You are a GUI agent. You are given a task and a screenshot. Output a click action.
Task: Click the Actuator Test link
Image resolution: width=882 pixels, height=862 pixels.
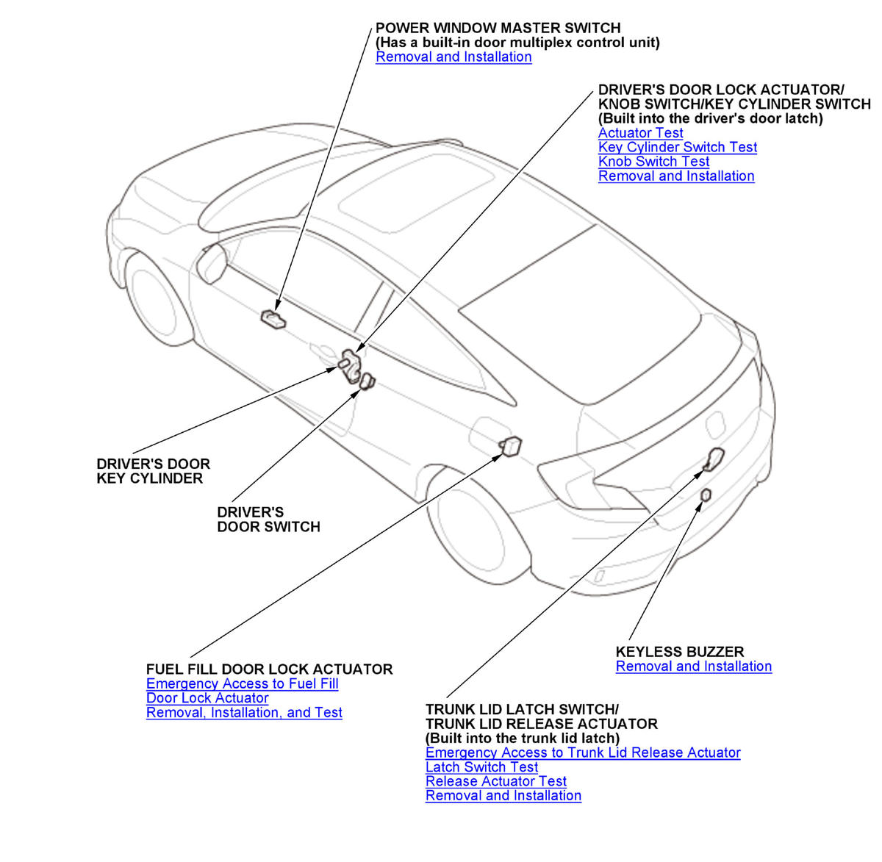(x=640, y=133)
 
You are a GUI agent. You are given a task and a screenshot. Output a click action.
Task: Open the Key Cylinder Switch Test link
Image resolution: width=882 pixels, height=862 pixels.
(x=677, y=147)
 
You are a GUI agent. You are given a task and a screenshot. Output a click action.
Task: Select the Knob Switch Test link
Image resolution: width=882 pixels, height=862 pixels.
(x=653, y=162)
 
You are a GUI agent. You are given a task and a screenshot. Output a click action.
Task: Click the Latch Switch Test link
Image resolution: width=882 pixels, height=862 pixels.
(x=481, y=767)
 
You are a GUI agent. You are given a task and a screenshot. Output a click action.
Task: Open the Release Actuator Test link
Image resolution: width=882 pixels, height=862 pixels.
(x=495, y=781)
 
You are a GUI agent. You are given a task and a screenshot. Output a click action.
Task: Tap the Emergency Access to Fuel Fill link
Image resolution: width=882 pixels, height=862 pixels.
(x=242, y=684)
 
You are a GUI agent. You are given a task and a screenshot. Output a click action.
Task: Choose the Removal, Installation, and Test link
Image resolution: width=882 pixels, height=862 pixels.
(x=244, y=713)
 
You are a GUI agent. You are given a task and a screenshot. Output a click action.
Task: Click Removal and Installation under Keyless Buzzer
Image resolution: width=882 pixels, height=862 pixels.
(x=693, y=667)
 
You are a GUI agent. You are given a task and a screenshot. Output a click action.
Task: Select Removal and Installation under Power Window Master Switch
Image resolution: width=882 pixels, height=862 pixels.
(x=453, y=57)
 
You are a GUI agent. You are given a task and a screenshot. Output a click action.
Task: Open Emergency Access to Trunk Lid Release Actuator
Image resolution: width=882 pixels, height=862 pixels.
(x=582, y=753)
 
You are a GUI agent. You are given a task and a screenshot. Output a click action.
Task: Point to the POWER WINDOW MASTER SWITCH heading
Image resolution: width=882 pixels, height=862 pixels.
(x=498, y=28)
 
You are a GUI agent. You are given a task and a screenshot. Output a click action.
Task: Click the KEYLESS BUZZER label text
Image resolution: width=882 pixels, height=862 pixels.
(x=679, y=652)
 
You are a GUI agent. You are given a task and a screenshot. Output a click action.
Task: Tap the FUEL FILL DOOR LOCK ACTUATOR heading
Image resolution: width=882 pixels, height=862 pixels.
(x=269, y=669)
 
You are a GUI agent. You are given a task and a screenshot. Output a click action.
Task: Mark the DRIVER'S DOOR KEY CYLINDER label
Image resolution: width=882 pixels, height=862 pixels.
(x=153, y=471)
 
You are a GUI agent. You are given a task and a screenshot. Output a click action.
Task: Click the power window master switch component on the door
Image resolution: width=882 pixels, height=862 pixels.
(x=272, y=318)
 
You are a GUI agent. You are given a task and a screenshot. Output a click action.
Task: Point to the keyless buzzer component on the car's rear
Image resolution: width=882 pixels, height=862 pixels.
(x=706, y=495)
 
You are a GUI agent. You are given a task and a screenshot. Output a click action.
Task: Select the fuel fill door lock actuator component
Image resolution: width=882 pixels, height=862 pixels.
(x=510, y=445)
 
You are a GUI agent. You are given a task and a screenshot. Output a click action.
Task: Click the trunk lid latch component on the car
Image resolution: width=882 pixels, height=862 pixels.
(x=714, y=458)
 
